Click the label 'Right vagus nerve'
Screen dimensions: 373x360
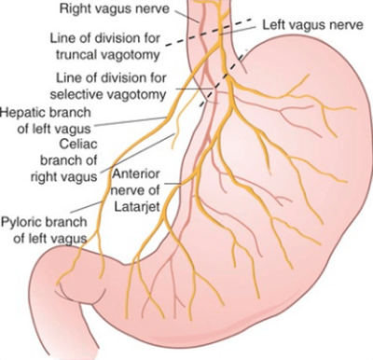pos(115,8)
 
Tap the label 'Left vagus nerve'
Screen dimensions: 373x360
pos(312,25)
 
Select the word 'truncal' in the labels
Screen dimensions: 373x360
pos(76,55)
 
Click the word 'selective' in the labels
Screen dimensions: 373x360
pos(76,94)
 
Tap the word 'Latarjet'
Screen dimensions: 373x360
pos(137,206)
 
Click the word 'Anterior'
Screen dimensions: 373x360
pos(135,173)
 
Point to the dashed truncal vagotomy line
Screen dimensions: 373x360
pos(208,33)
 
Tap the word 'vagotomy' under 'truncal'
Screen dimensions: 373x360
pos(131,55)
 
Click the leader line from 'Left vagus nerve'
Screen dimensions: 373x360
pos(239,31)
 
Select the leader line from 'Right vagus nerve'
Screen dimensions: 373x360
pos(187,16)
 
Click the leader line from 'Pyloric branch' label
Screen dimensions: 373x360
pos(87,207)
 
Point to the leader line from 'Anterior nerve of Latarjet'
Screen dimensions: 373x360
pos(173,184)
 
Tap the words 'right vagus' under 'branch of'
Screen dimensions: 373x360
pos(63,177)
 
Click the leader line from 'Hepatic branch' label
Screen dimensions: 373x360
pos(131,121)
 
